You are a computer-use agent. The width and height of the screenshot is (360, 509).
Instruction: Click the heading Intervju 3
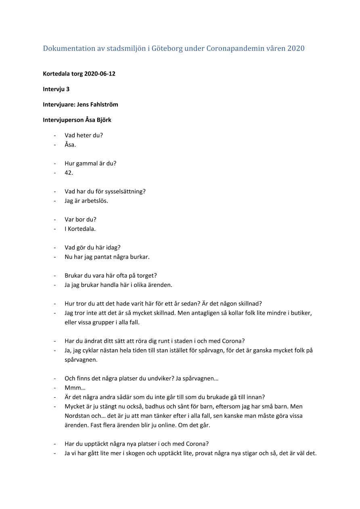(56, 89)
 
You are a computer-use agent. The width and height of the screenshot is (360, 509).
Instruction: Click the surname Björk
(104, 120)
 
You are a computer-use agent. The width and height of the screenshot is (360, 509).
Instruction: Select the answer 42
(69, 173)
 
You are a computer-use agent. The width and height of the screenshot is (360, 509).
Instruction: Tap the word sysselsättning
(125, 191)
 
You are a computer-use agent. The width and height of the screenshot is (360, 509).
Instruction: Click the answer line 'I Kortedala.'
(80, 229)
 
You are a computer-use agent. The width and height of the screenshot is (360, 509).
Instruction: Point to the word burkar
(140, 257)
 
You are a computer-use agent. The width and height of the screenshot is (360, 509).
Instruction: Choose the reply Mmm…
(72, 388)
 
